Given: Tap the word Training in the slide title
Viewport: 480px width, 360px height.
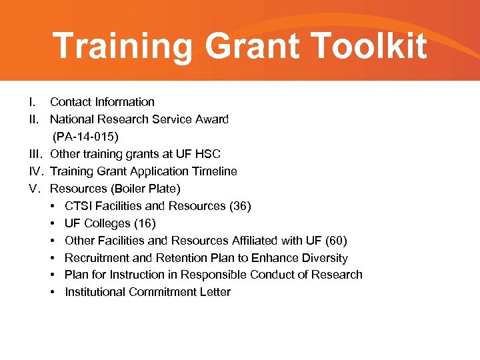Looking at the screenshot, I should tap(124, 46).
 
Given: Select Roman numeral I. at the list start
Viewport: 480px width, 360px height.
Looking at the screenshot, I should tap(32, 102).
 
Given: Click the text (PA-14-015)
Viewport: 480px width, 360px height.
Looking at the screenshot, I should tap(85, 137).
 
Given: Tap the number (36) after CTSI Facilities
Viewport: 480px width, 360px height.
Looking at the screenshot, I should tap(240, 206).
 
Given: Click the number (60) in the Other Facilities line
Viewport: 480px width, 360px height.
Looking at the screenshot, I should tap(335, 241).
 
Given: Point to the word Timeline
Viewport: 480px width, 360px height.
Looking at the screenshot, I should tap(213, 171).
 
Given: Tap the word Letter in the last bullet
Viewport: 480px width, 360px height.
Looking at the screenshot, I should tap(215, 292).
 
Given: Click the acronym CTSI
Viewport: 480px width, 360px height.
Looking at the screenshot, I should tap(78, 206).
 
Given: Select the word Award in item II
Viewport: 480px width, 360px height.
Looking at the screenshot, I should tap(212, 119).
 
